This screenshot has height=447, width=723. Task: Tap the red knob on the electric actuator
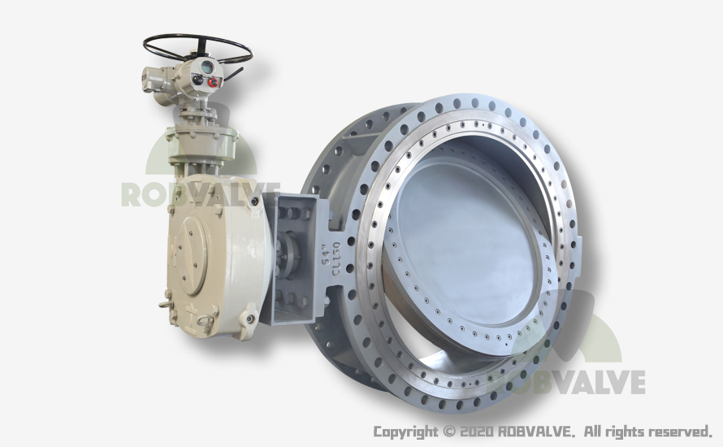point(213,83)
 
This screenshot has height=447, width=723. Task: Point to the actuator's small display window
point(206,67)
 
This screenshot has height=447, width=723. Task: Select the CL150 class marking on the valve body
point(336,258)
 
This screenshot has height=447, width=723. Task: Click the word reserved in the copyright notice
point(680,432)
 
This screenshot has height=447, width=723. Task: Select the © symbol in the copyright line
point(448,432)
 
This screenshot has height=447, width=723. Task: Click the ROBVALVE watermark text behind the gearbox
point(201,194)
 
